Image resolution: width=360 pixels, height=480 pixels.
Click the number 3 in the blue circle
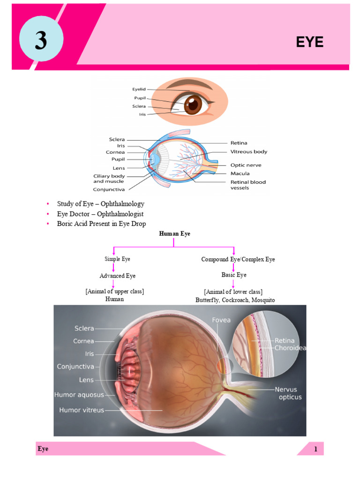pos(41,41)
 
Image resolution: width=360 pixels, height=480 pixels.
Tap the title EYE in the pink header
pos(309,42)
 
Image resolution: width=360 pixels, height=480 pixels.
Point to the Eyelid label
pos(139,88)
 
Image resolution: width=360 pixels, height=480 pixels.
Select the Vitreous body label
pos(248,152)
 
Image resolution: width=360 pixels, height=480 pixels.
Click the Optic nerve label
pos(246,165)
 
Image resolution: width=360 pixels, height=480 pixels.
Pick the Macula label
pos(240,173)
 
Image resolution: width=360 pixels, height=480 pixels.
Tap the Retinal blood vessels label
pos(247,185)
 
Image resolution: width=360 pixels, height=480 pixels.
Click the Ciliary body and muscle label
pos(109,179)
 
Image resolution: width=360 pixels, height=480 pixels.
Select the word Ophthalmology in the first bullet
pos(122,204)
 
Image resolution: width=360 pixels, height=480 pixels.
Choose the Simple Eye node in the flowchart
pos(117,259)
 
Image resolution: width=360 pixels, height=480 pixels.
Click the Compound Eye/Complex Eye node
pos(238,259)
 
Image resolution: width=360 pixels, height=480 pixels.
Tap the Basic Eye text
pos(234,275)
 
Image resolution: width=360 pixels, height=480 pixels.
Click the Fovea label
pos(221,320)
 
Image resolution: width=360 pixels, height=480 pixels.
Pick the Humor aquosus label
pos(79,395)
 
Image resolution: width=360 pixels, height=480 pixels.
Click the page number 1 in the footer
pos(316,449)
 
